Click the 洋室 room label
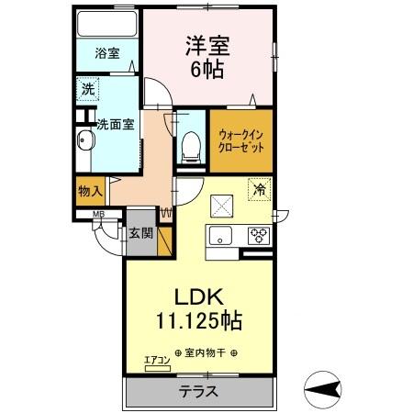pos(208,45)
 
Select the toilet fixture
pos(192,144)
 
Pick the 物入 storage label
pos(89,192)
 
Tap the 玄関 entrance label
pos(140,233)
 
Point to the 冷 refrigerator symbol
pos(260,190)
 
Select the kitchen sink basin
pos(221,236)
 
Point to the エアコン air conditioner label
pos(158,362)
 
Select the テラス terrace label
pos(199,391)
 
